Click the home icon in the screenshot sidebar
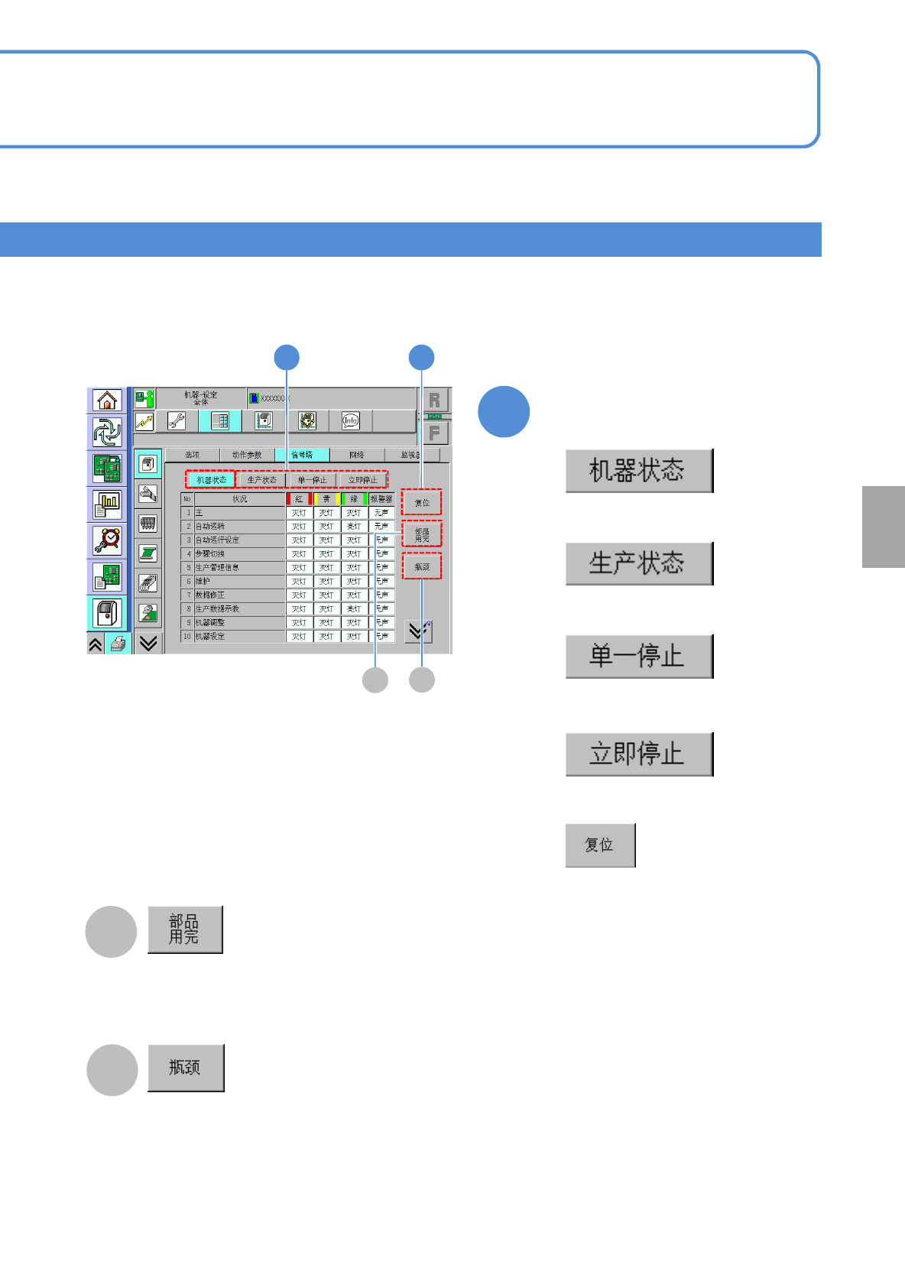click(107, 400)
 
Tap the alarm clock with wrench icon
click(107, 540)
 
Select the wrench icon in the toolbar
click(177, 421)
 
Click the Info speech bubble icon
click(350, 420)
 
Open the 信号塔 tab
click(302, 455)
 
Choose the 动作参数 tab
click(247, 455)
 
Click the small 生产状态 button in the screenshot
click(261, 480)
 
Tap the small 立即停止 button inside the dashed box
click(362, 480)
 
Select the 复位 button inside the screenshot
click(422, 503)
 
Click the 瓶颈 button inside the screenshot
click(422, 567)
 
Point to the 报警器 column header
click(381, 499)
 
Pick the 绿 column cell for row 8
click(354, 609)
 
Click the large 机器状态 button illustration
click(639, 471)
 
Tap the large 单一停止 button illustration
click(639, 657)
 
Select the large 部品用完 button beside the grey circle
click(185, 929)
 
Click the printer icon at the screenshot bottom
click(117, 644)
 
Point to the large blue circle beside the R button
click(504, 412)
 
